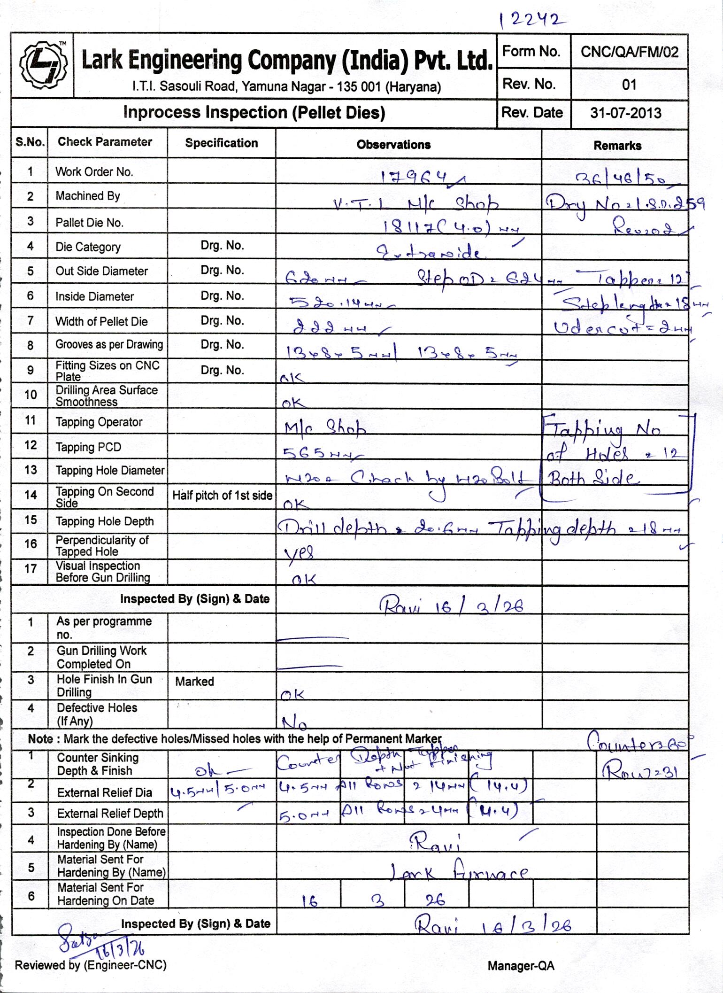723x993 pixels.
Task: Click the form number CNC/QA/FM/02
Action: click(x=629, y=52)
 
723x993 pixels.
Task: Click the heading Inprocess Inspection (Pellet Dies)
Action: click(x=254, y=113)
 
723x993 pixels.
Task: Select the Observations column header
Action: click(x=393, y=145)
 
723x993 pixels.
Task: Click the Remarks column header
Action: click(x=617, y=146)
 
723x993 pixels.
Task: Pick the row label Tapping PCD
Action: click(x=88, y=447)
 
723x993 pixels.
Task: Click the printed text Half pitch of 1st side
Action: click(x=222, y=495)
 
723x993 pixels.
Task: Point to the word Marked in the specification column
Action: click(x=194, y=681)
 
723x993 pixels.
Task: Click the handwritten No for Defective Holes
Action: click(x=294, y=722)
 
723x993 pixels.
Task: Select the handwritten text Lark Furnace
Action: click(x=459, y=873)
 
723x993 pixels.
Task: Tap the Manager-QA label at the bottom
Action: click(x=521, y=966)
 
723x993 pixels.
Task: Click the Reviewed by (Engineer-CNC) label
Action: click(x=91, y=965)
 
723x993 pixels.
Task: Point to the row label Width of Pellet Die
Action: click(x=101, y=322)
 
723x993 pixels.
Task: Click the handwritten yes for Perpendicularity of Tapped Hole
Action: click(x=299, y=553)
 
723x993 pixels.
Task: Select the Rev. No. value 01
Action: click(x=629, y=85)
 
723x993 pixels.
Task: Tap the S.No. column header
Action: click(x=30, y=142)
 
